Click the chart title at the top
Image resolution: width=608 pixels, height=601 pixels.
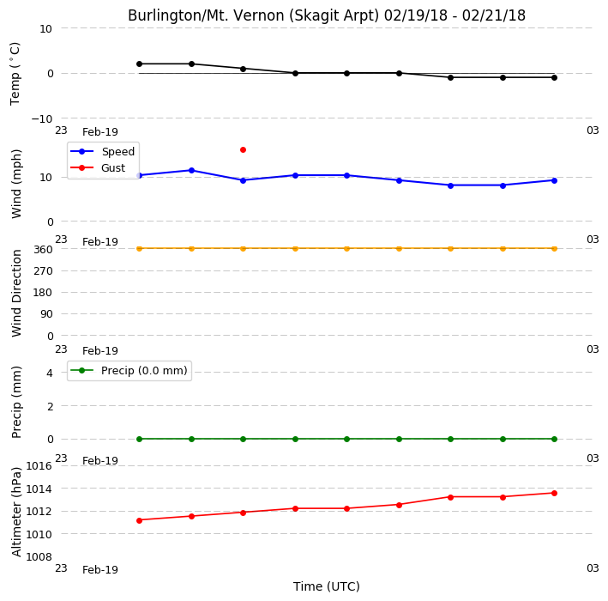[327, 15]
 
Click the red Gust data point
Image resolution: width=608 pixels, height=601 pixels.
[244, 150]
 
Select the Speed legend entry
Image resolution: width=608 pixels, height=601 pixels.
[103, 151]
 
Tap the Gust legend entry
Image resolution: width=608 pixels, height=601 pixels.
[98, 167]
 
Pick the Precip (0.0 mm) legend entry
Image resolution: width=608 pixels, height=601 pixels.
[129, 371]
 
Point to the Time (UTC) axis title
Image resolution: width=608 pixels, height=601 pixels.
[327, 586]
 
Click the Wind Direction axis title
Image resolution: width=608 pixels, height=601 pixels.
[16, 293]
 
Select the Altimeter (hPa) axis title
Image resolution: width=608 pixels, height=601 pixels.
[16, 512]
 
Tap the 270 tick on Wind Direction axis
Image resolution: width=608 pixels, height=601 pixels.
[43, 271]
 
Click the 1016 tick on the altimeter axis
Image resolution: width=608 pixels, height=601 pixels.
[39, 466]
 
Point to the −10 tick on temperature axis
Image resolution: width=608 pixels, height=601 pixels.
[42, 118]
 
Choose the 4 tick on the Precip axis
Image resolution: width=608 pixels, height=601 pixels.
[50, 373]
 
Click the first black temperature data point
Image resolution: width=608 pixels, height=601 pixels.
[140, 64]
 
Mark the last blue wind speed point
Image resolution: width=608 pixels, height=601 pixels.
[555, 180]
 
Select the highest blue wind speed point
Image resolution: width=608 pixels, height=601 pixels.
[191, 171]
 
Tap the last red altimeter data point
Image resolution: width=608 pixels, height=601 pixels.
[555, 493]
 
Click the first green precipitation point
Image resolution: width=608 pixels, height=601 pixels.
[140, 439]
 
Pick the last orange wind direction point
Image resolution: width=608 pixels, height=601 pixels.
[555, 248]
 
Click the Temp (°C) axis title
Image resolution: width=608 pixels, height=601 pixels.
[15, 74]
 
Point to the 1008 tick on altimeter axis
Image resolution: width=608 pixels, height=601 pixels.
[39, 557]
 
